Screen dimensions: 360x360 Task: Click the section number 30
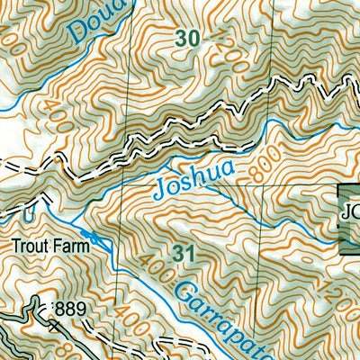point(186,38)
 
